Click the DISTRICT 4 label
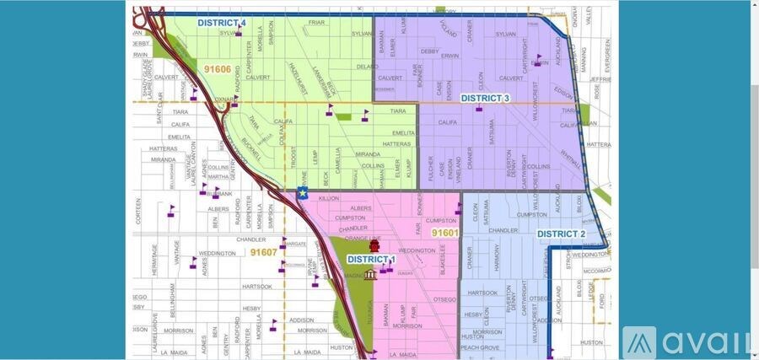[222, 23]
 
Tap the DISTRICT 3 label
[485, 99]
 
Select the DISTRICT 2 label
[561, 234]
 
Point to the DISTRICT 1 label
[370, 259]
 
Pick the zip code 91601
[444, 233]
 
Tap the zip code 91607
[263, 252]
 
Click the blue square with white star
[303, 193]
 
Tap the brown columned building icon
[371, 274]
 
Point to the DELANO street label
[368, 66]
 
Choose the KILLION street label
[328, 198]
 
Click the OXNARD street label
[223, 98]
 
